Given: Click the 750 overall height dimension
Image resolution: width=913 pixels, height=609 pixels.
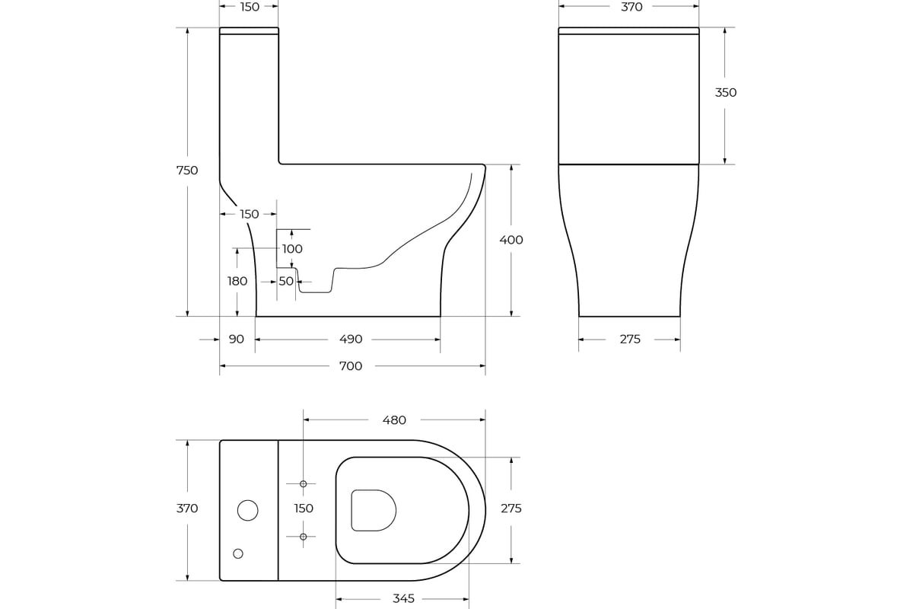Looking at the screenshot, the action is [187, 170].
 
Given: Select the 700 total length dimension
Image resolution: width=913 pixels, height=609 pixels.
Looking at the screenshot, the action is [351, 366].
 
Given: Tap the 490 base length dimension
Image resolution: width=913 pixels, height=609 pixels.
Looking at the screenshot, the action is [351, 339].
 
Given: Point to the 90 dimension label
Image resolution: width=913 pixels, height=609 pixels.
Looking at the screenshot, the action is [237, 339].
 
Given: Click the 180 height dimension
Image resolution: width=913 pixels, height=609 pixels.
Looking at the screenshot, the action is [237, 281].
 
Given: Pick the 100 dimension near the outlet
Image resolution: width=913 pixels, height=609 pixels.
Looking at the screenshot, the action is [292, 249].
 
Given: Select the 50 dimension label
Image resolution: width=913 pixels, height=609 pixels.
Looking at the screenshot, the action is [286, 281].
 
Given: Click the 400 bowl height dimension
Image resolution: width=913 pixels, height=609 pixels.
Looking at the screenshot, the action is [511, 240].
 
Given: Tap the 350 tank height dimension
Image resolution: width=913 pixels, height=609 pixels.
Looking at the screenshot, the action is [726, 93].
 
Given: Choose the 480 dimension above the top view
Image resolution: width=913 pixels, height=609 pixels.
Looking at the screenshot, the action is [394, 420].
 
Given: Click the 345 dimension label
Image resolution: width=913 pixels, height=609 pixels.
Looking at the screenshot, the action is [403, 598].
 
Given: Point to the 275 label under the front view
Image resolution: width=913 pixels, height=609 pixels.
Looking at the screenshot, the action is [630, 339].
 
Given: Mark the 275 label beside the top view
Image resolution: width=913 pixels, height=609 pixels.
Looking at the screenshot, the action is [511, 509].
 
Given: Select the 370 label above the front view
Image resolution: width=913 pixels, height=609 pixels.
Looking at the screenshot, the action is [631, 7].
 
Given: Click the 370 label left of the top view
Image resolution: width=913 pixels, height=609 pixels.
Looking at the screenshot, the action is [187, 509].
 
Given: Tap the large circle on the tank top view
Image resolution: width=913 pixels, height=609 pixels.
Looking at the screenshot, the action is [248, 510].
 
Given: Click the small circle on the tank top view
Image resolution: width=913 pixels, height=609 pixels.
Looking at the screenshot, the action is [238, 553].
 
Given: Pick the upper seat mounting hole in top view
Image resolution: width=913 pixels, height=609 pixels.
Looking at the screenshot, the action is [304, 483].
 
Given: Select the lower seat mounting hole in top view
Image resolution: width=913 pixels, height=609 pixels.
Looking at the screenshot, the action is [304, 537].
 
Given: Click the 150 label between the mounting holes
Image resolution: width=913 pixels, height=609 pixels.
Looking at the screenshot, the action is [304, 509].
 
